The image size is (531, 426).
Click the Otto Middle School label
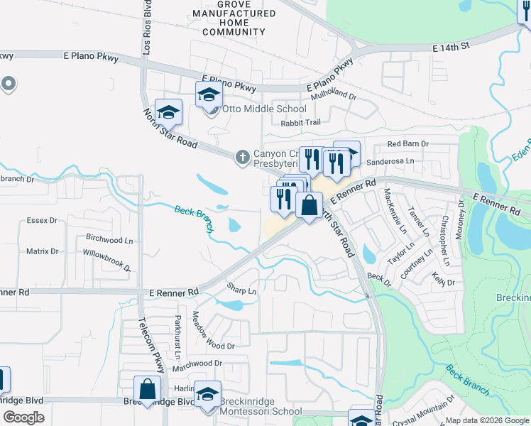coord(265,109)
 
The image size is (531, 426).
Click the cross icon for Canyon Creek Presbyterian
coord(242,155)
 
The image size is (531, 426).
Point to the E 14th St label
coord(451,47)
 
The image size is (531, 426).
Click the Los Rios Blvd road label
coord(147,28)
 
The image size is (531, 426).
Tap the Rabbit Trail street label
coord(300,123)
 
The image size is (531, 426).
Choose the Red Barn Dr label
coord(408,144)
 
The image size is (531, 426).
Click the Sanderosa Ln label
coord(390,161)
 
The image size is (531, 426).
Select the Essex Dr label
coord(42,221)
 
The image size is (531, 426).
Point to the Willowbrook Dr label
coord(106,260)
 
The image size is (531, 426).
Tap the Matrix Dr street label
coord(42,251)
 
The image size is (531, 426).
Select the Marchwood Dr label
coord(197,363)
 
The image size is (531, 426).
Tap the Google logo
coord(23,417)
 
